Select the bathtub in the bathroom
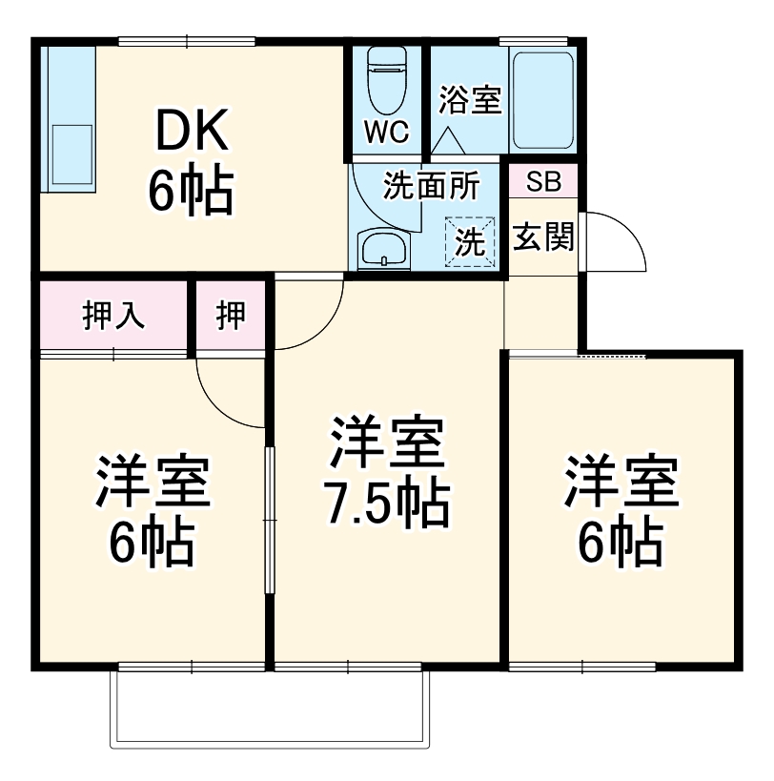[x=542, y=98]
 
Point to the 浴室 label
[x=469, y=101]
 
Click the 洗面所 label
[x=431, y=185]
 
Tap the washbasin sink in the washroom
[x=383, y=250]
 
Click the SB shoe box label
[x=543, y=181]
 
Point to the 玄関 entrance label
[x=543, y=237]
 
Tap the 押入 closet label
[x=113, y=316]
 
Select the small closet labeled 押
[x=230, y=316]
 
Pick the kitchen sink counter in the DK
[x=69, y=120]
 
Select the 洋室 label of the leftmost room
[x=152, y=485]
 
